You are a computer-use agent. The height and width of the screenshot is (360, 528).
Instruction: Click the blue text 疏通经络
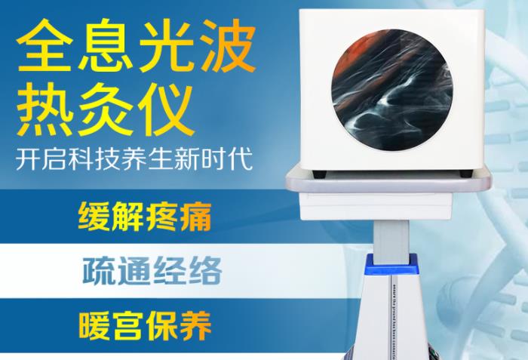(x=150, y=271)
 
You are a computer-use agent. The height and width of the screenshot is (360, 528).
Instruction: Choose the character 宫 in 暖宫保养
(x=128, y=326)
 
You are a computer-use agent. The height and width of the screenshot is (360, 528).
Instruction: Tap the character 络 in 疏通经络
(x=206, y=271)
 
